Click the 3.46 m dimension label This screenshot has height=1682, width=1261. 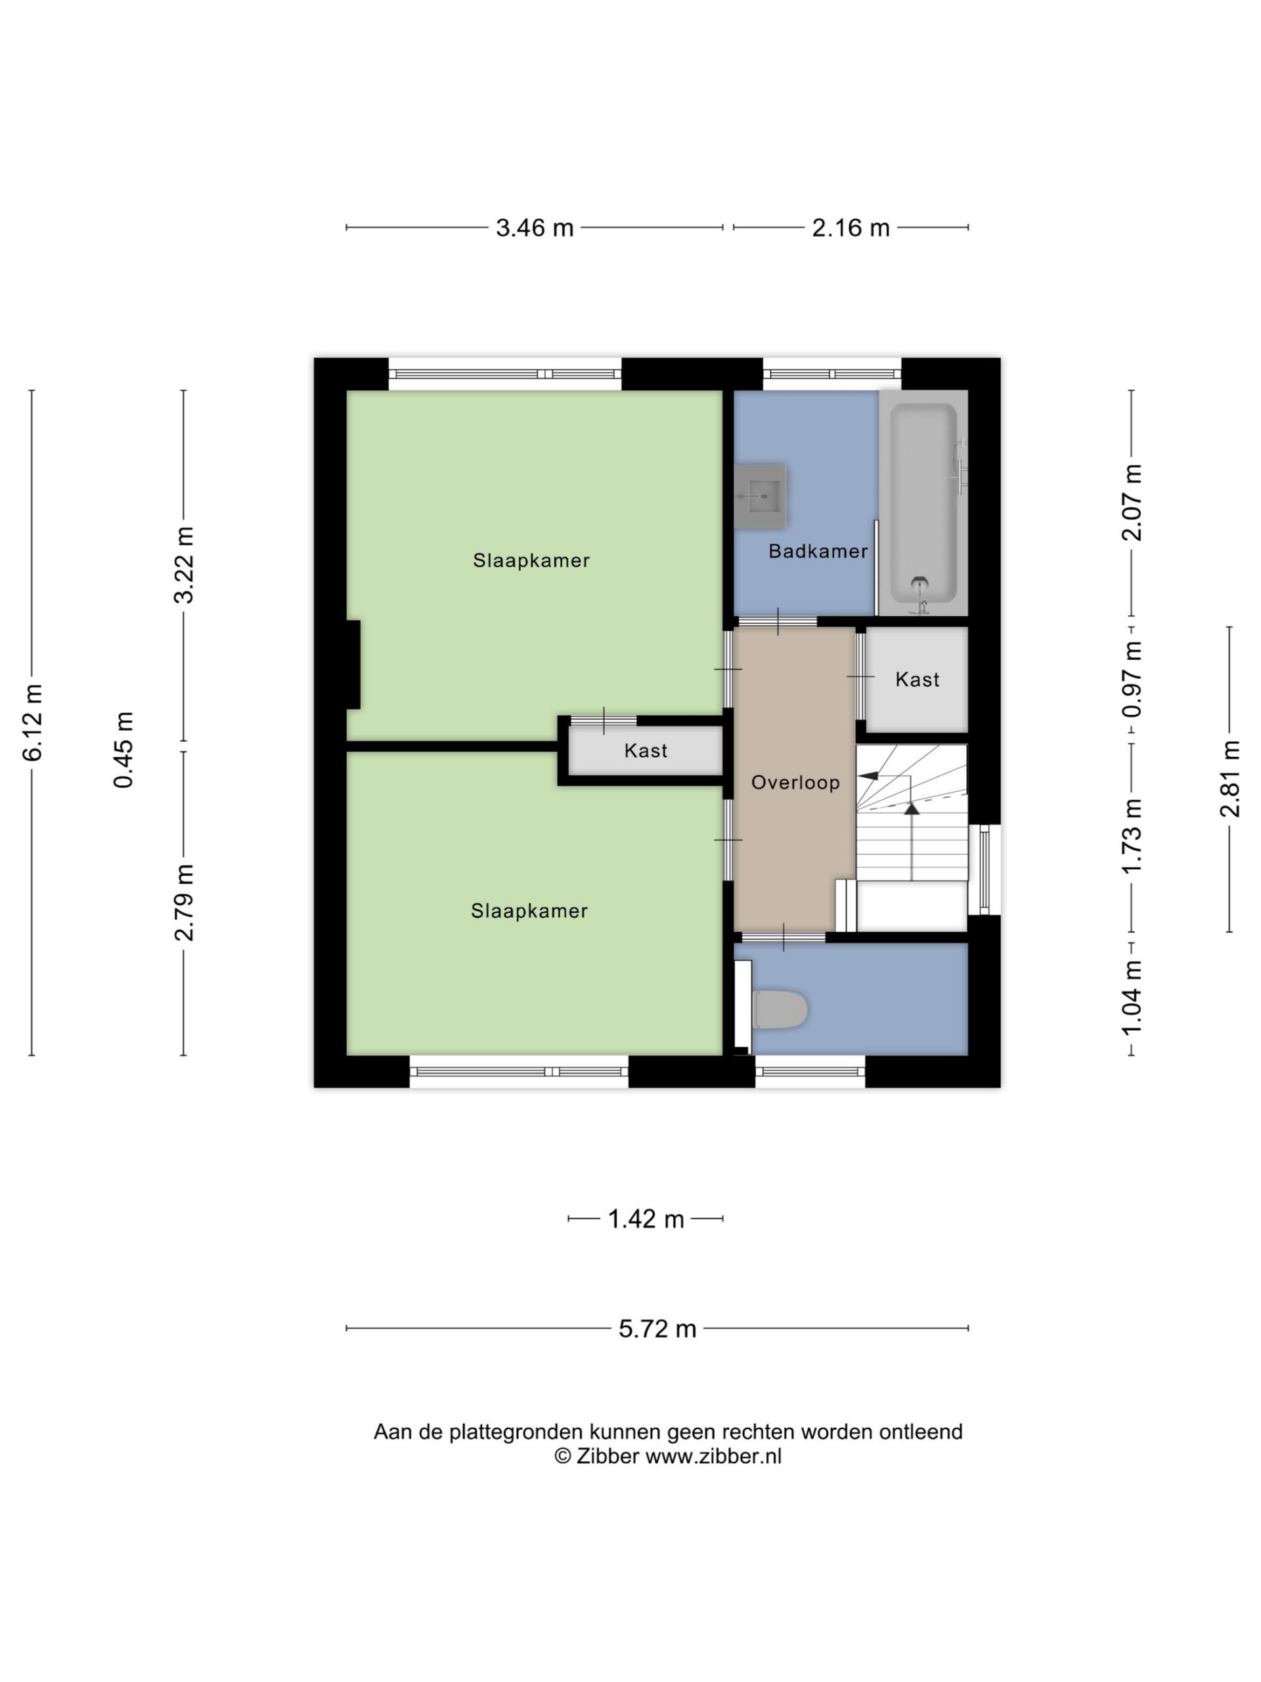535,227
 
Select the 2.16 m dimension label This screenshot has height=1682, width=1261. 851,227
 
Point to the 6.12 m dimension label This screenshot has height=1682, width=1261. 33,722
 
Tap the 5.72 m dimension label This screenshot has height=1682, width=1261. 657,1329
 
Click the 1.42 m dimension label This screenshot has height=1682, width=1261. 646,1219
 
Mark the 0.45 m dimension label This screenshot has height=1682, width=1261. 123,750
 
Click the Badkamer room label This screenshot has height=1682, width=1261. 818,551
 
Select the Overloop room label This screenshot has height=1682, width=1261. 795,783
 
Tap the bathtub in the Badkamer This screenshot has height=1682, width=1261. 923,503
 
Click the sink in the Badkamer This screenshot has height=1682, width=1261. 760,497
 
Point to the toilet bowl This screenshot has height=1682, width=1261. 780,1009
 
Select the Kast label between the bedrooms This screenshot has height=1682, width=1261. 646,751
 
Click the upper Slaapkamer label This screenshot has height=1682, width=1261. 531,560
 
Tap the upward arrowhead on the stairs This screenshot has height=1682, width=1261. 912,807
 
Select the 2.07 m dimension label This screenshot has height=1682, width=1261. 1132,503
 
